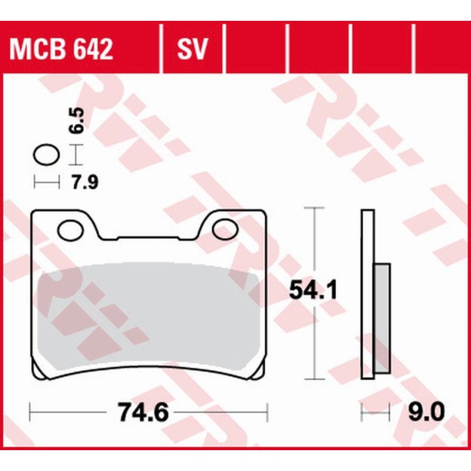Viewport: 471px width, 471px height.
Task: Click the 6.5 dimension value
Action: click(x=78, y=120)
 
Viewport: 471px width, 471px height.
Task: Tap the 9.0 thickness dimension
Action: click(x=427, y=412)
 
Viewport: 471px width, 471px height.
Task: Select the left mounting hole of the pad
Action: click(x=68, y=229)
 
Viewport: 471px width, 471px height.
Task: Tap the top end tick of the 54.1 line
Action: click(x=315, y=208)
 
